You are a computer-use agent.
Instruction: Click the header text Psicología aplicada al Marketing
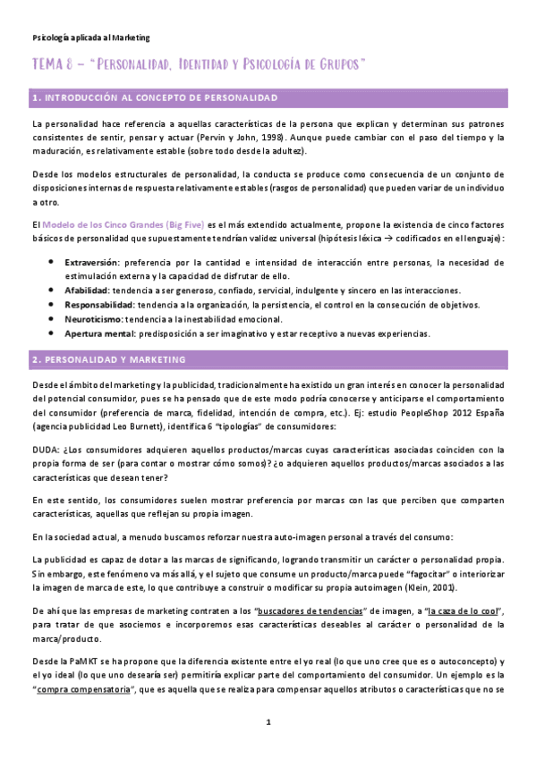click(x=90, y=38)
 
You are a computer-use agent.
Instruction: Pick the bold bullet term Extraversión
click(x=91, y=263)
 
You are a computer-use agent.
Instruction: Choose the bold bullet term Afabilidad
click(x=87, y=291)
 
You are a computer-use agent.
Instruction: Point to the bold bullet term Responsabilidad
click(x=99, y=305)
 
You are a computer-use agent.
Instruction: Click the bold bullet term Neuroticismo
click(x=93, y=319)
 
